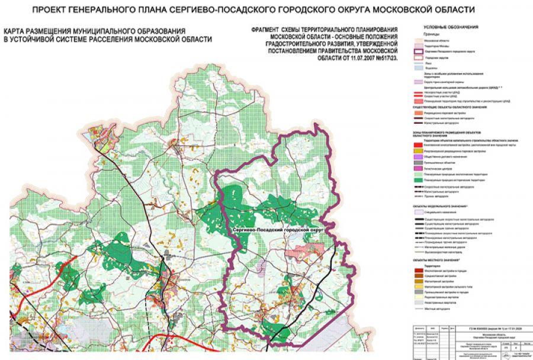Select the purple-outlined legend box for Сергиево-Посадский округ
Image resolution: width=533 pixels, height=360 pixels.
tap(418, 51)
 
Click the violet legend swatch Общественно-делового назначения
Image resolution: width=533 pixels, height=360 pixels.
tap(418, 156)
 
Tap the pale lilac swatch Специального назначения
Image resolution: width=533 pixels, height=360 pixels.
tap(418, 211)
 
